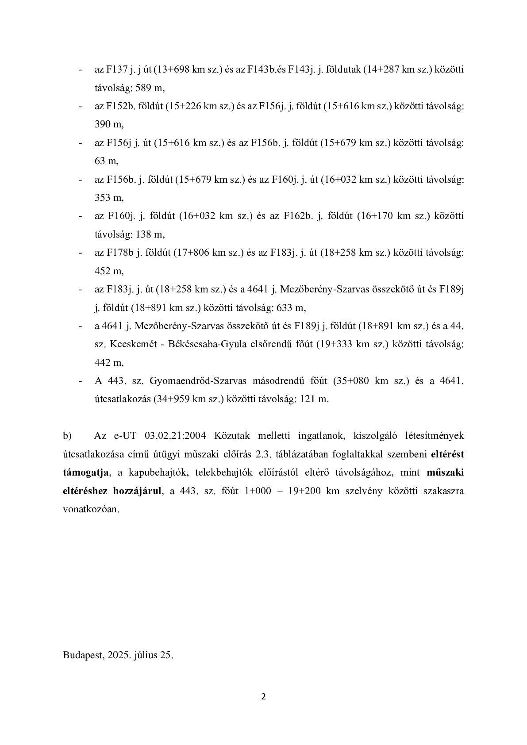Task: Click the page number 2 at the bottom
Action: [264, 697]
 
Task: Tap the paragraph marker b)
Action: [67, 436]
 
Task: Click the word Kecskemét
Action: [126, 344]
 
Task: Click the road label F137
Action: [117, 69]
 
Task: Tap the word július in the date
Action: [145, 655]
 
